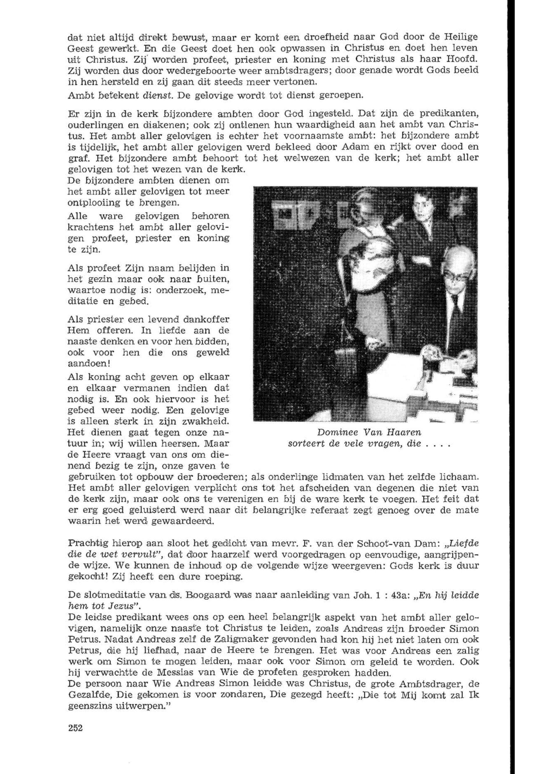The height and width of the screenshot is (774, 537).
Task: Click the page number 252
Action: point(75,727)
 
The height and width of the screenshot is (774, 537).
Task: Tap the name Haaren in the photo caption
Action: point(403,432)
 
